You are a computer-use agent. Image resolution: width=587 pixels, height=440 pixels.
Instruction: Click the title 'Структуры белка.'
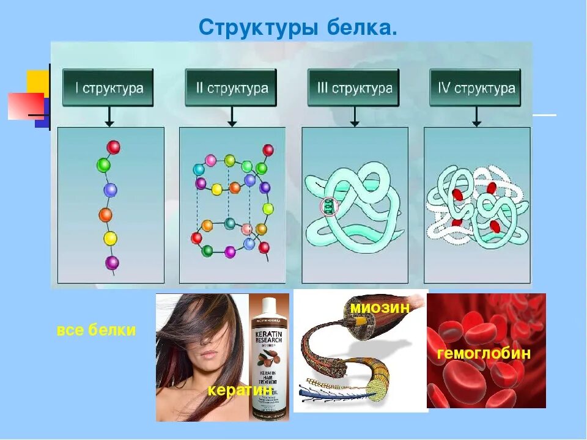point(298,27)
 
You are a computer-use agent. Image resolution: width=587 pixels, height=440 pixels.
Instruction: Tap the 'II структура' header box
point(231,88)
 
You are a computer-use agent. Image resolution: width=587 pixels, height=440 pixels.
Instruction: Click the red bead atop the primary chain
point(113,147)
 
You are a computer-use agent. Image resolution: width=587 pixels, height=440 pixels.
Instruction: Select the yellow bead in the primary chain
point(110,238)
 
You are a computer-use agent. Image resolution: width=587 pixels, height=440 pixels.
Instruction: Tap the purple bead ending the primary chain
point(112,263)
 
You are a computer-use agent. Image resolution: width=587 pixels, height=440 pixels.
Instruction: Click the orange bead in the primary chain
point(106,215)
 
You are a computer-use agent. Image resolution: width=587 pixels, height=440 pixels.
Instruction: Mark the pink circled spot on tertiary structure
point(329,206)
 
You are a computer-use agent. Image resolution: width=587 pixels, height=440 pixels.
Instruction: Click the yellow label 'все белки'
point(96,331)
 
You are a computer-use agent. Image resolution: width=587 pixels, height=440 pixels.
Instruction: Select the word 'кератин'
point(239,389)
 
